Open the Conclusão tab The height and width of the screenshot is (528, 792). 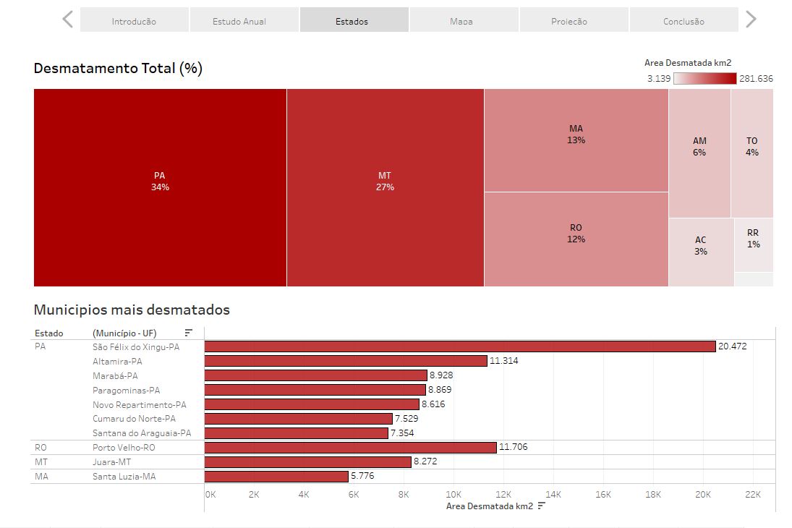684,20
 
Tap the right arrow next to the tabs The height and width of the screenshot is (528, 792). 751,20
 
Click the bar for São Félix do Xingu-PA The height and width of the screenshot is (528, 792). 460,346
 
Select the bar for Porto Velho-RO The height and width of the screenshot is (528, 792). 351,447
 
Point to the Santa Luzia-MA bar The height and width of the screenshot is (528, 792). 276,476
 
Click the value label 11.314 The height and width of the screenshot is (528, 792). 504,361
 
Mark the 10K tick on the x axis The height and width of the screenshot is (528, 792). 454,495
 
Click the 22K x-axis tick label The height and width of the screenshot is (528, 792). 753,495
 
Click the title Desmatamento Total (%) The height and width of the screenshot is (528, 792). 118,69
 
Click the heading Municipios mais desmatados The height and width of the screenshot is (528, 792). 132,310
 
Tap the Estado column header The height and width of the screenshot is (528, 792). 49,333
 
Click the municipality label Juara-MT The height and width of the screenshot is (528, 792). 112,461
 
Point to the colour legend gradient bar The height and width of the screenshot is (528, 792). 704,78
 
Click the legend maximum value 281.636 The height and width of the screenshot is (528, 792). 756,79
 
